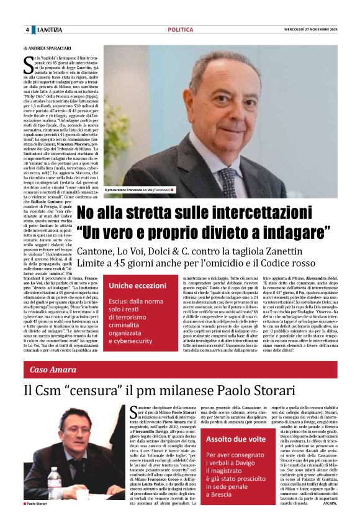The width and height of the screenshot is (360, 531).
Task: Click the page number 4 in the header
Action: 27,30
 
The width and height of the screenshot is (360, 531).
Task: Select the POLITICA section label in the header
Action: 180,30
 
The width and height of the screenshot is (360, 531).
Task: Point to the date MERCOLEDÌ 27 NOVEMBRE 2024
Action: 306,30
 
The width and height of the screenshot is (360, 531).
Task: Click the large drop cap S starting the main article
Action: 29,61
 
